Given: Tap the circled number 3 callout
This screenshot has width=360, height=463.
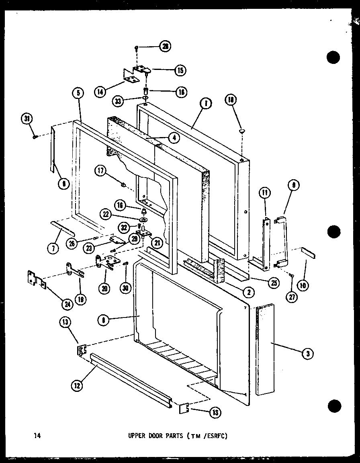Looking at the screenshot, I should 307,353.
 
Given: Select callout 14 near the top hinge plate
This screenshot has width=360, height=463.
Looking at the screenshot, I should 100,92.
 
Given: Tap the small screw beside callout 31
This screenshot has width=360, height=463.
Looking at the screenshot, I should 35,137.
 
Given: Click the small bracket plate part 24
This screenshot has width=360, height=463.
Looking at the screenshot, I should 36,279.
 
